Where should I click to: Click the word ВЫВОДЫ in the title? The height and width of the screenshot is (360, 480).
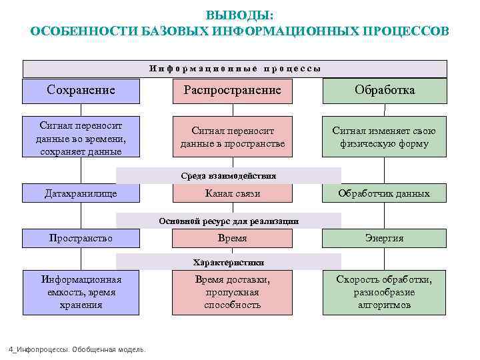point(239,15)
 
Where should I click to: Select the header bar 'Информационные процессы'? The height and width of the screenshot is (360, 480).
point(235,69)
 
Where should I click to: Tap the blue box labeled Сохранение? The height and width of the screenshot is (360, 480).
point(81,91)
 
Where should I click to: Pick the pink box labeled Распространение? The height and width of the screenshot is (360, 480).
point(233,91)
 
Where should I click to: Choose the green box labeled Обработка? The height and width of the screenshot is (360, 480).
point(385,91)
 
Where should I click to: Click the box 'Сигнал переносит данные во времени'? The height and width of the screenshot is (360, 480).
point(81,137)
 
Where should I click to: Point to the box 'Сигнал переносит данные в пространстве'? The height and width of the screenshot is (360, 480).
point(233,137)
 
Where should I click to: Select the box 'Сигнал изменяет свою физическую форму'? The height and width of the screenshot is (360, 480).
point(385,137)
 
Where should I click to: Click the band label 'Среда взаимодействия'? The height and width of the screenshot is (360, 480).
point(229,176)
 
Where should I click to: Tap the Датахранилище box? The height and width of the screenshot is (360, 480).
point(81,193)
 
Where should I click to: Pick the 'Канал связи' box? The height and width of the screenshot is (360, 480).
point(233,193)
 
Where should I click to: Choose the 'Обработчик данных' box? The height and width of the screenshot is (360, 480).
point(385,193)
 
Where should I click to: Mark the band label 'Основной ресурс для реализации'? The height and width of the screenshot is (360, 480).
point(229,221)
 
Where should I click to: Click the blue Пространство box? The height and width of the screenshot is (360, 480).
point(81,238)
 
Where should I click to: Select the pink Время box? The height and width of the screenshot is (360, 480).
point(233,238)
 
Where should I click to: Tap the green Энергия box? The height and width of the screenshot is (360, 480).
point(385,238)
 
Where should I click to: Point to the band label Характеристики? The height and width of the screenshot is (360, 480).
point(229,262)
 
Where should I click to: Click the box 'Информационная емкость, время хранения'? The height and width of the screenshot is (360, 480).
point(81,292)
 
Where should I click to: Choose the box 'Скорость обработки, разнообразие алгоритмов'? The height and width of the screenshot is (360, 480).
point(385,292)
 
